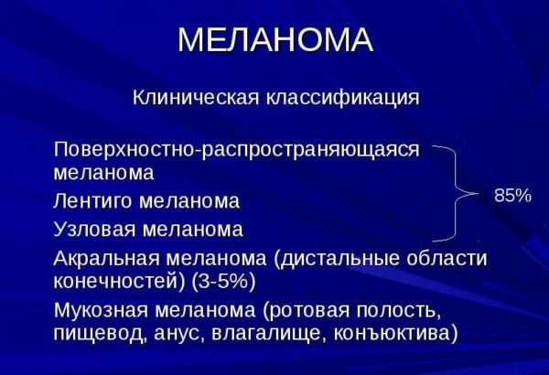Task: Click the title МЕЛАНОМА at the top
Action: (275, 39)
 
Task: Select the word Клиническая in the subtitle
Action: (196, 97)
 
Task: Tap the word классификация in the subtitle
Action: (342, 98)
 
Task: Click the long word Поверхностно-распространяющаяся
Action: (236, 150)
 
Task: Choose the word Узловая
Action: (94, 230)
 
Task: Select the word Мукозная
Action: (101, 310)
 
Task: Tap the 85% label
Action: (512, 196)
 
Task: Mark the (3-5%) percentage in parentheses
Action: (223, 282)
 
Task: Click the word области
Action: (447, 259)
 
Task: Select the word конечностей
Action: (119, 282)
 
